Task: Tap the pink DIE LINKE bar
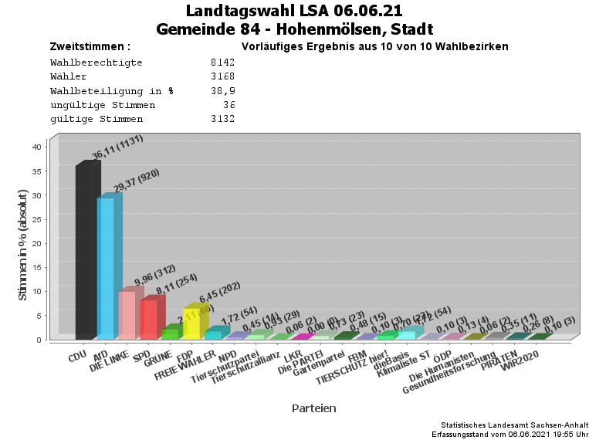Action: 127,314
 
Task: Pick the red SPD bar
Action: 148,319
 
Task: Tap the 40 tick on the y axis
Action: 36,146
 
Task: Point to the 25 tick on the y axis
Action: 36,218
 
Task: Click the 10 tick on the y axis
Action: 36,291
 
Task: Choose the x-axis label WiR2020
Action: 519,362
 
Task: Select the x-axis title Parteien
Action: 313,408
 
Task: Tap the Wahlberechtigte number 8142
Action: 222,63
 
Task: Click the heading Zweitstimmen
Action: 90,47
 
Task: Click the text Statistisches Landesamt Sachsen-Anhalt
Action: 514,425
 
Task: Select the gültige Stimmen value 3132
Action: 222,119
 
